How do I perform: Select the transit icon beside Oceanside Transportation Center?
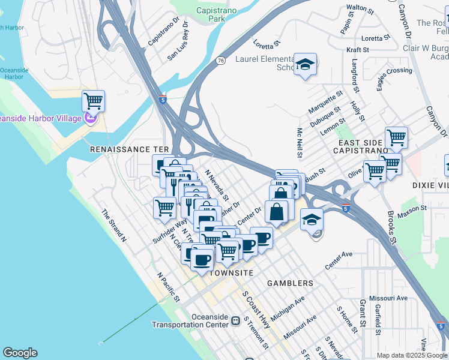point(235,323)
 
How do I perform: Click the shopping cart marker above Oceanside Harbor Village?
point(93,101)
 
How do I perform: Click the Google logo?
point(20,353)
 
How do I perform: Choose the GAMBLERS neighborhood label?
point(290,283)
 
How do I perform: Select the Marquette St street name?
point(325,102)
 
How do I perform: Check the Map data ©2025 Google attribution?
point(411,355)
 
